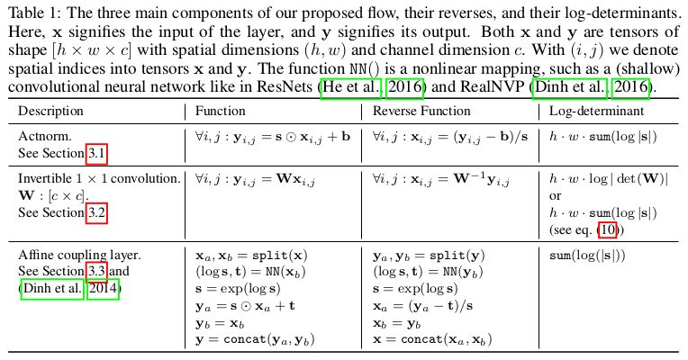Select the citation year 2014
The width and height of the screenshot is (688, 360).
click(x=102, y=289)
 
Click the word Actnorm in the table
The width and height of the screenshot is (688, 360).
click(x=41, y=137)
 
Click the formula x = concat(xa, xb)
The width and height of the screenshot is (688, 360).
click(x=437, y=339)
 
